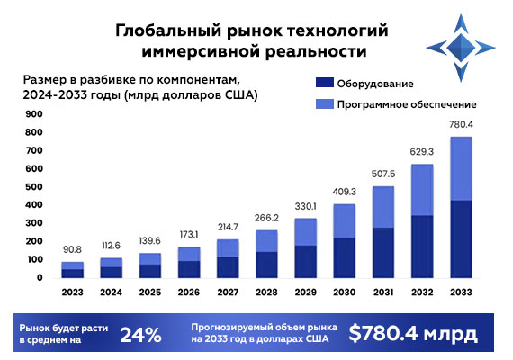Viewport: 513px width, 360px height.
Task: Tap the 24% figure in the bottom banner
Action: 141,335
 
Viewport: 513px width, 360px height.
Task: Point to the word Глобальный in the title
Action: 162,31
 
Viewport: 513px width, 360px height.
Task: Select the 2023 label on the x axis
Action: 74,292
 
